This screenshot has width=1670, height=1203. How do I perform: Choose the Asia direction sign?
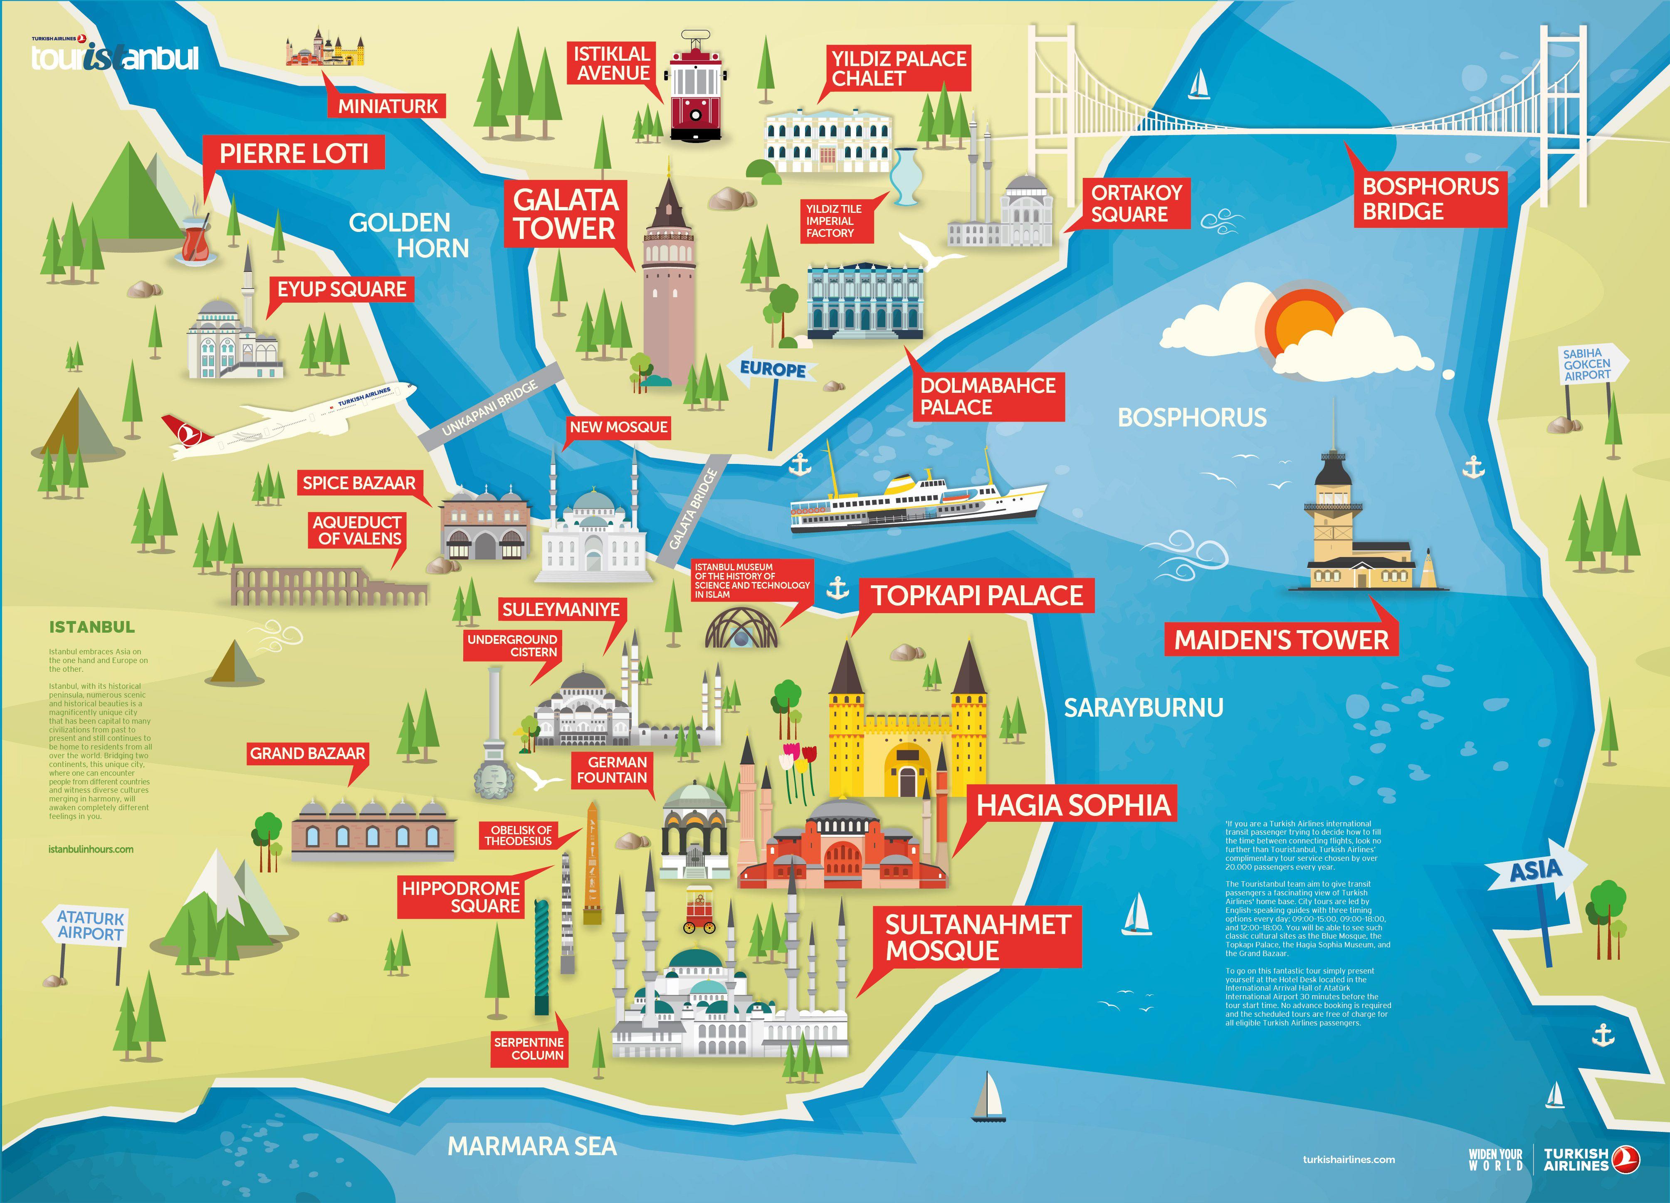coord(1534,872)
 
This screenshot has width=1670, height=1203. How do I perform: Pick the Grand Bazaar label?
coord(307,753)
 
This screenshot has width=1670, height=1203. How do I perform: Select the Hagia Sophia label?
coord(1073,805)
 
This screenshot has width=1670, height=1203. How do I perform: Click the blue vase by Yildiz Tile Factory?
coord(904,177)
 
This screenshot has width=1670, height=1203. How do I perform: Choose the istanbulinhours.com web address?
coord(91,849)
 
